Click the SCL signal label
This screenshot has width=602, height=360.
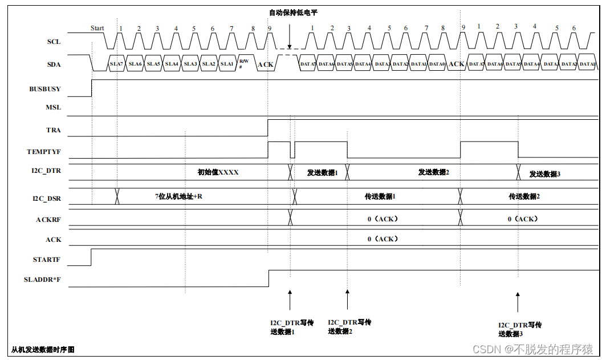[x=53, y=42]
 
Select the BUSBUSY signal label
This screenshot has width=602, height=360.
[x=45, y=90]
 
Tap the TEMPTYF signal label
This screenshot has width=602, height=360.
[x=44, y=152]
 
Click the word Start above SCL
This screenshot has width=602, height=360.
[x=97, y=28]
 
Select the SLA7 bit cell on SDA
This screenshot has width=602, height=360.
[x=116, y=64]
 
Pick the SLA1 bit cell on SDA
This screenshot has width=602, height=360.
[x=226, y=64]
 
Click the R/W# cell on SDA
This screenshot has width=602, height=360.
[x=243, y=63]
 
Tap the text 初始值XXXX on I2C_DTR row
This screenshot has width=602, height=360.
[x=218, y=172]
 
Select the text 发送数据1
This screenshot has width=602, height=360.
[x=323, y=172]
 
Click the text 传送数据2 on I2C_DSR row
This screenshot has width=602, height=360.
[x=524, y=196]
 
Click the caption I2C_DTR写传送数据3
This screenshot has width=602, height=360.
[x=519, y=329]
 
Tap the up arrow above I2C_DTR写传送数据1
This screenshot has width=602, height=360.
[x=290, y=300]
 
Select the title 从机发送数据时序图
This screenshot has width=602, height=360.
[x=43, y=349]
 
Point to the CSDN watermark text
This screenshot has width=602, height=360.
[x=533, y=349]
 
